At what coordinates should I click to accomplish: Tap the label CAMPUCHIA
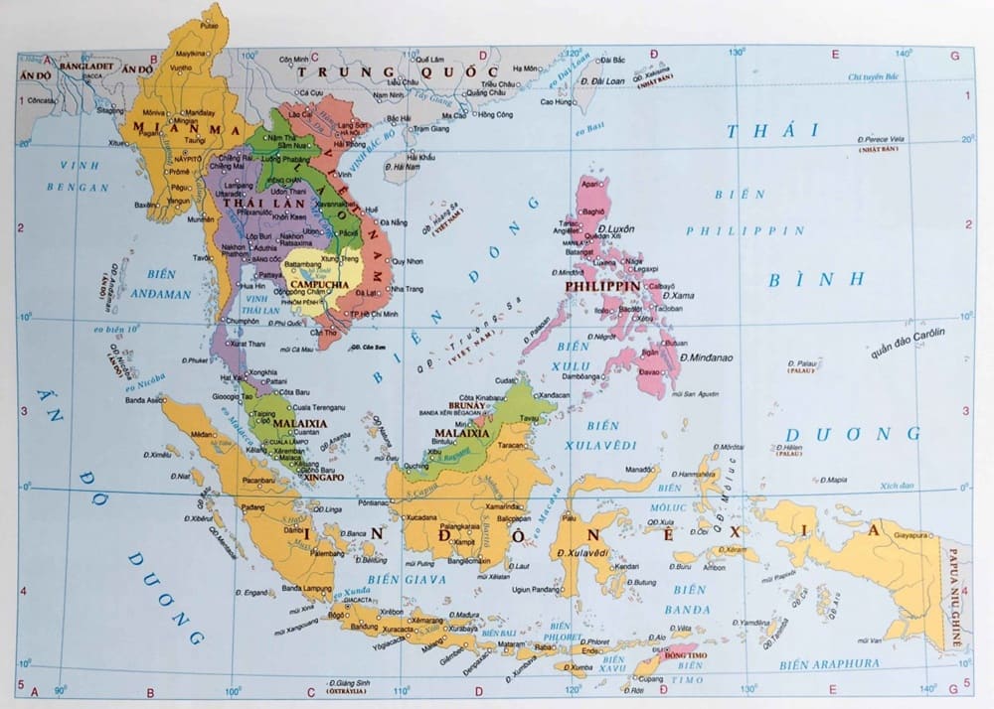[x=318, y=284]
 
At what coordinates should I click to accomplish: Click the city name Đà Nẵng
[x=392, y=223]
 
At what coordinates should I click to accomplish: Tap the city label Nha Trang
[x=409, y=289]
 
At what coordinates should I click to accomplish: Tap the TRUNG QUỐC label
[x=398, y=73]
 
